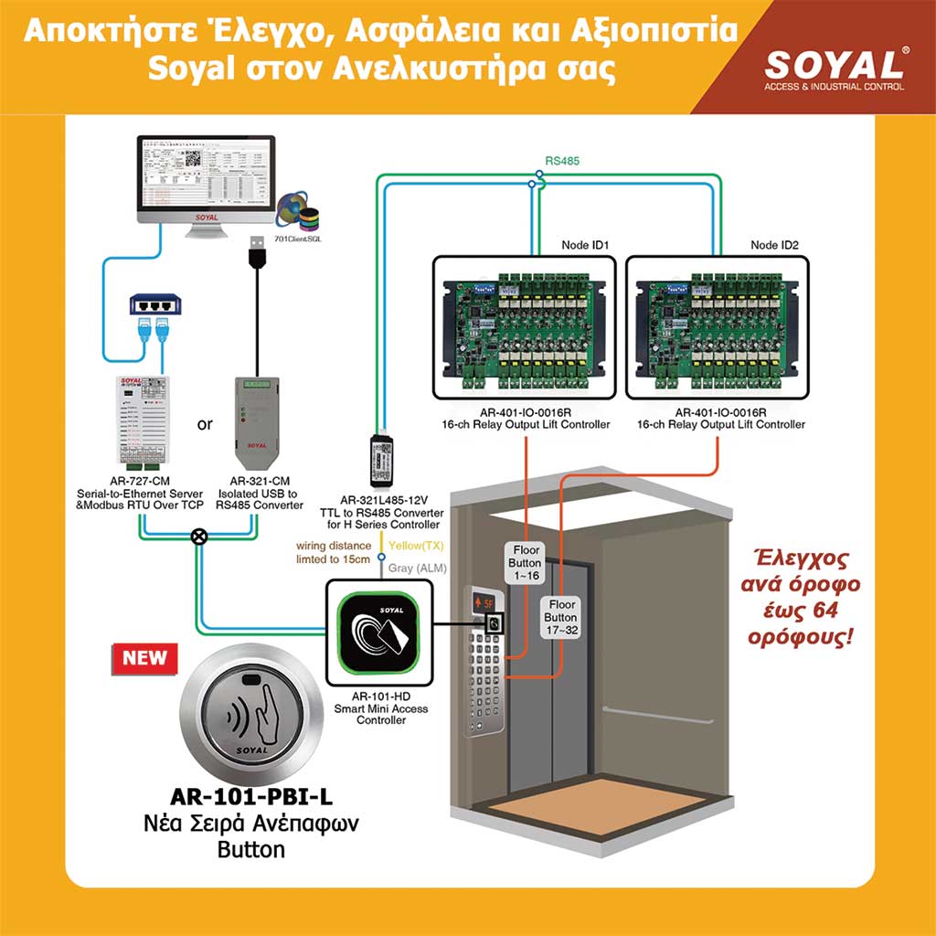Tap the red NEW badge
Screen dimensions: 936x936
(144, 657)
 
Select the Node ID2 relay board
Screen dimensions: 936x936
(717, 327)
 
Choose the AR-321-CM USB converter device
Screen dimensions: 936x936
(254, 421)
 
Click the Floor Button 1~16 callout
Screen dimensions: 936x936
(525, 564)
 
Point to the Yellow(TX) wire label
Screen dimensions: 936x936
(417, 545)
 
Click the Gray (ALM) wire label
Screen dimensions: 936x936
(419, 568)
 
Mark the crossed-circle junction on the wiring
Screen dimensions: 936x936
(198, 537)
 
